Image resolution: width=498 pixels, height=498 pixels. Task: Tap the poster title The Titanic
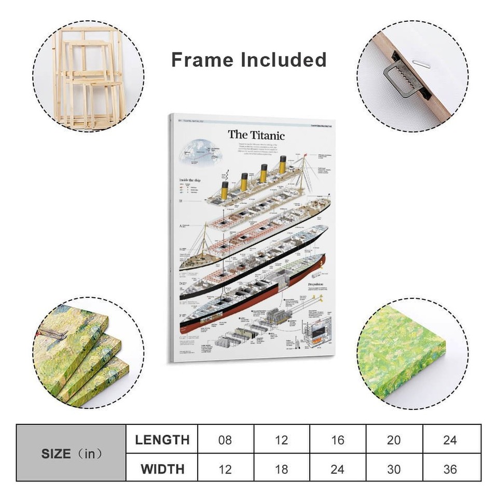(x=256, y=135)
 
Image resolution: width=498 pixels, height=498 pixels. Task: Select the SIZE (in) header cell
(x=71, y=453)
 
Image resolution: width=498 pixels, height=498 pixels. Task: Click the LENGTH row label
(x=162, y=440)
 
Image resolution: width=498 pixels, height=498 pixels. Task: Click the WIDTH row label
(x=162, y=468)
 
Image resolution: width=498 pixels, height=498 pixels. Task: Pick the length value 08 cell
(x=225, y=440)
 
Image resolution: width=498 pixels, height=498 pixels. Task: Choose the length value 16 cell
(x=338, y=440)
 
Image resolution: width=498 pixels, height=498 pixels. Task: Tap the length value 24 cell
(x=450, y=440)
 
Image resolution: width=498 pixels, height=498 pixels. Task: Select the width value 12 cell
(x=225, y=468)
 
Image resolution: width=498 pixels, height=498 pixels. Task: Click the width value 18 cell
(x=281, y=468)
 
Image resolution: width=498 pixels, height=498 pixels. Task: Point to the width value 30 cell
(x=394, y=468)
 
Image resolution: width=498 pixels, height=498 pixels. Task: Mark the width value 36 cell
(x=450, y=468)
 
